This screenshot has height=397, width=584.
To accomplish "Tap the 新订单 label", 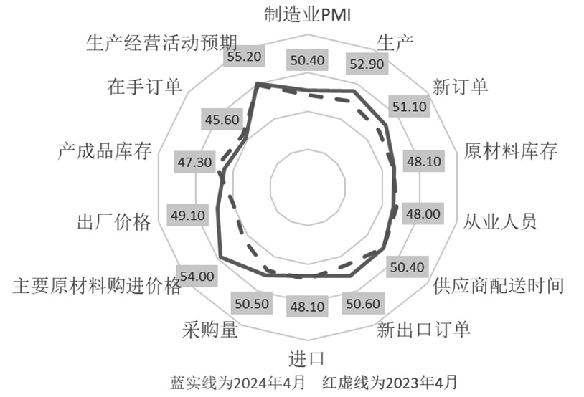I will click(x=461, y=87).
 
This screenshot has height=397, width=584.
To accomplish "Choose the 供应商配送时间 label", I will click(x=499, y=286).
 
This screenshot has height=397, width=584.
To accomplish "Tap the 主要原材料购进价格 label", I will click(x=98, y=286).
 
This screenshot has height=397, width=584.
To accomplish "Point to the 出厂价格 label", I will click(x=113, y=221).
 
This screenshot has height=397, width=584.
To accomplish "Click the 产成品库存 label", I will click(x=104, y=152).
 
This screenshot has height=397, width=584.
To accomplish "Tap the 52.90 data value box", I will click(x=367, y=64).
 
